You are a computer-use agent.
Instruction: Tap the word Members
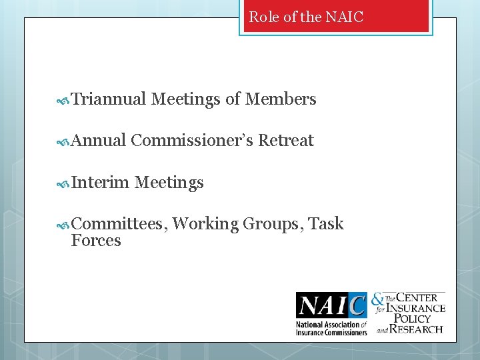pyautogui.click(x=281, y=100)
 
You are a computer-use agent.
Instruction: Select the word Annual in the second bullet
pyautogui.click(x=99, y=141)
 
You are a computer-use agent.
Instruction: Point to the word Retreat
pyautogui.click(x=286, y=141)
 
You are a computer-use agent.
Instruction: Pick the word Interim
pyautogui.click(x=100, y=182)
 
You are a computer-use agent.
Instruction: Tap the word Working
pyautogui.click(x=205, y=224)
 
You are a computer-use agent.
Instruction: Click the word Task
pyautogui.click(x=327, y=224)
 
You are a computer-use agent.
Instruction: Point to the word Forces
pyautogui.click(x=96, y=241)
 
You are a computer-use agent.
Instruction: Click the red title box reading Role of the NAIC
pyautogui.click(x=336, y=17)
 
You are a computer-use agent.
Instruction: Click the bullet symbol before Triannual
pyautogui.click(x=64, y=101)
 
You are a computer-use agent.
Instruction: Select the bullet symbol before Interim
pyautogui.click(x=64, y=183)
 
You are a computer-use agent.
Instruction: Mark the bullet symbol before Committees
pyautogui.click(x=64, y=225)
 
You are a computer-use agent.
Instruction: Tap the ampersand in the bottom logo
pyautogui.click(x=377, y=301)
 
